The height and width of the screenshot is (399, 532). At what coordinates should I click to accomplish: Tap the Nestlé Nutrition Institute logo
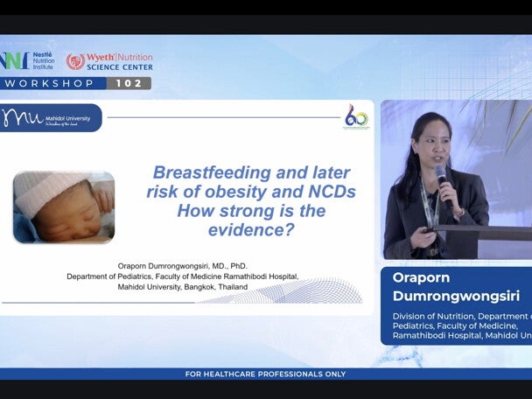tap(26, 60)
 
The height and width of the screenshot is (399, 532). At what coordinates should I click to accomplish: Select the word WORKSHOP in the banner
tap(50, 83)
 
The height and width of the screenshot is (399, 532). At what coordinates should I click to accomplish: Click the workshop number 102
tap(129, 83)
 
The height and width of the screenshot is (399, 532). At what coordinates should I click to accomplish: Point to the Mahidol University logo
tap(51, 117)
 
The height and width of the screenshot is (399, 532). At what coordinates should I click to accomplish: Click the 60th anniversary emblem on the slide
tap(356, 117)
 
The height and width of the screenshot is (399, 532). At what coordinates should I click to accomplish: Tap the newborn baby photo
tap(64, 206)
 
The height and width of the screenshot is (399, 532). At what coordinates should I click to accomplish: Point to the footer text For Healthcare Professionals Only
tap(265, 374)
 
